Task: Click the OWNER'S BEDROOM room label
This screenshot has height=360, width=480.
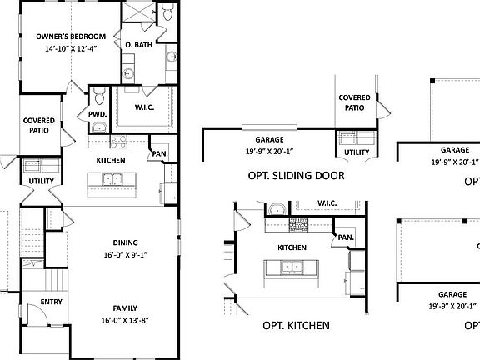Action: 71,37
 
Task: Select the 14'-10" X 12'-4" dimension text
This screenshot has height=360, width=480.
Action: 71,49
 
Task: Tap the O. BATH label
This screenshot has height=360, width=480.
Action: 138,44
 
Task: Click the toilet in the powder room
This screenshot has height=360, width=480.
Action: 99,96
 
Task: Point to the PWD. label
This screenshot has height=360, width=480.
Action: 97,114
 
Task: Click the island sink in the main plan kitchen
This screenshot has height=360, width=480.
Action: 110,178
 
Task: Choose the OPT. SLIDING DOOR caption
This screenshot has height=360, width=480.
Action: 297,176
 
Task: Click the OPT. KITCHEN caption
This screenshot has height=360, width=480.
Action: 296,325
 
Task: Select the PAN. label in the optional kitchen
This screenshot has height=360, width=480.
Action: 346,237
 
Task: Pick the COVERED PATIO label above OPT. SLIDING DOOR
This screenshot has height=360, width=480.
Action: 354,102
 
